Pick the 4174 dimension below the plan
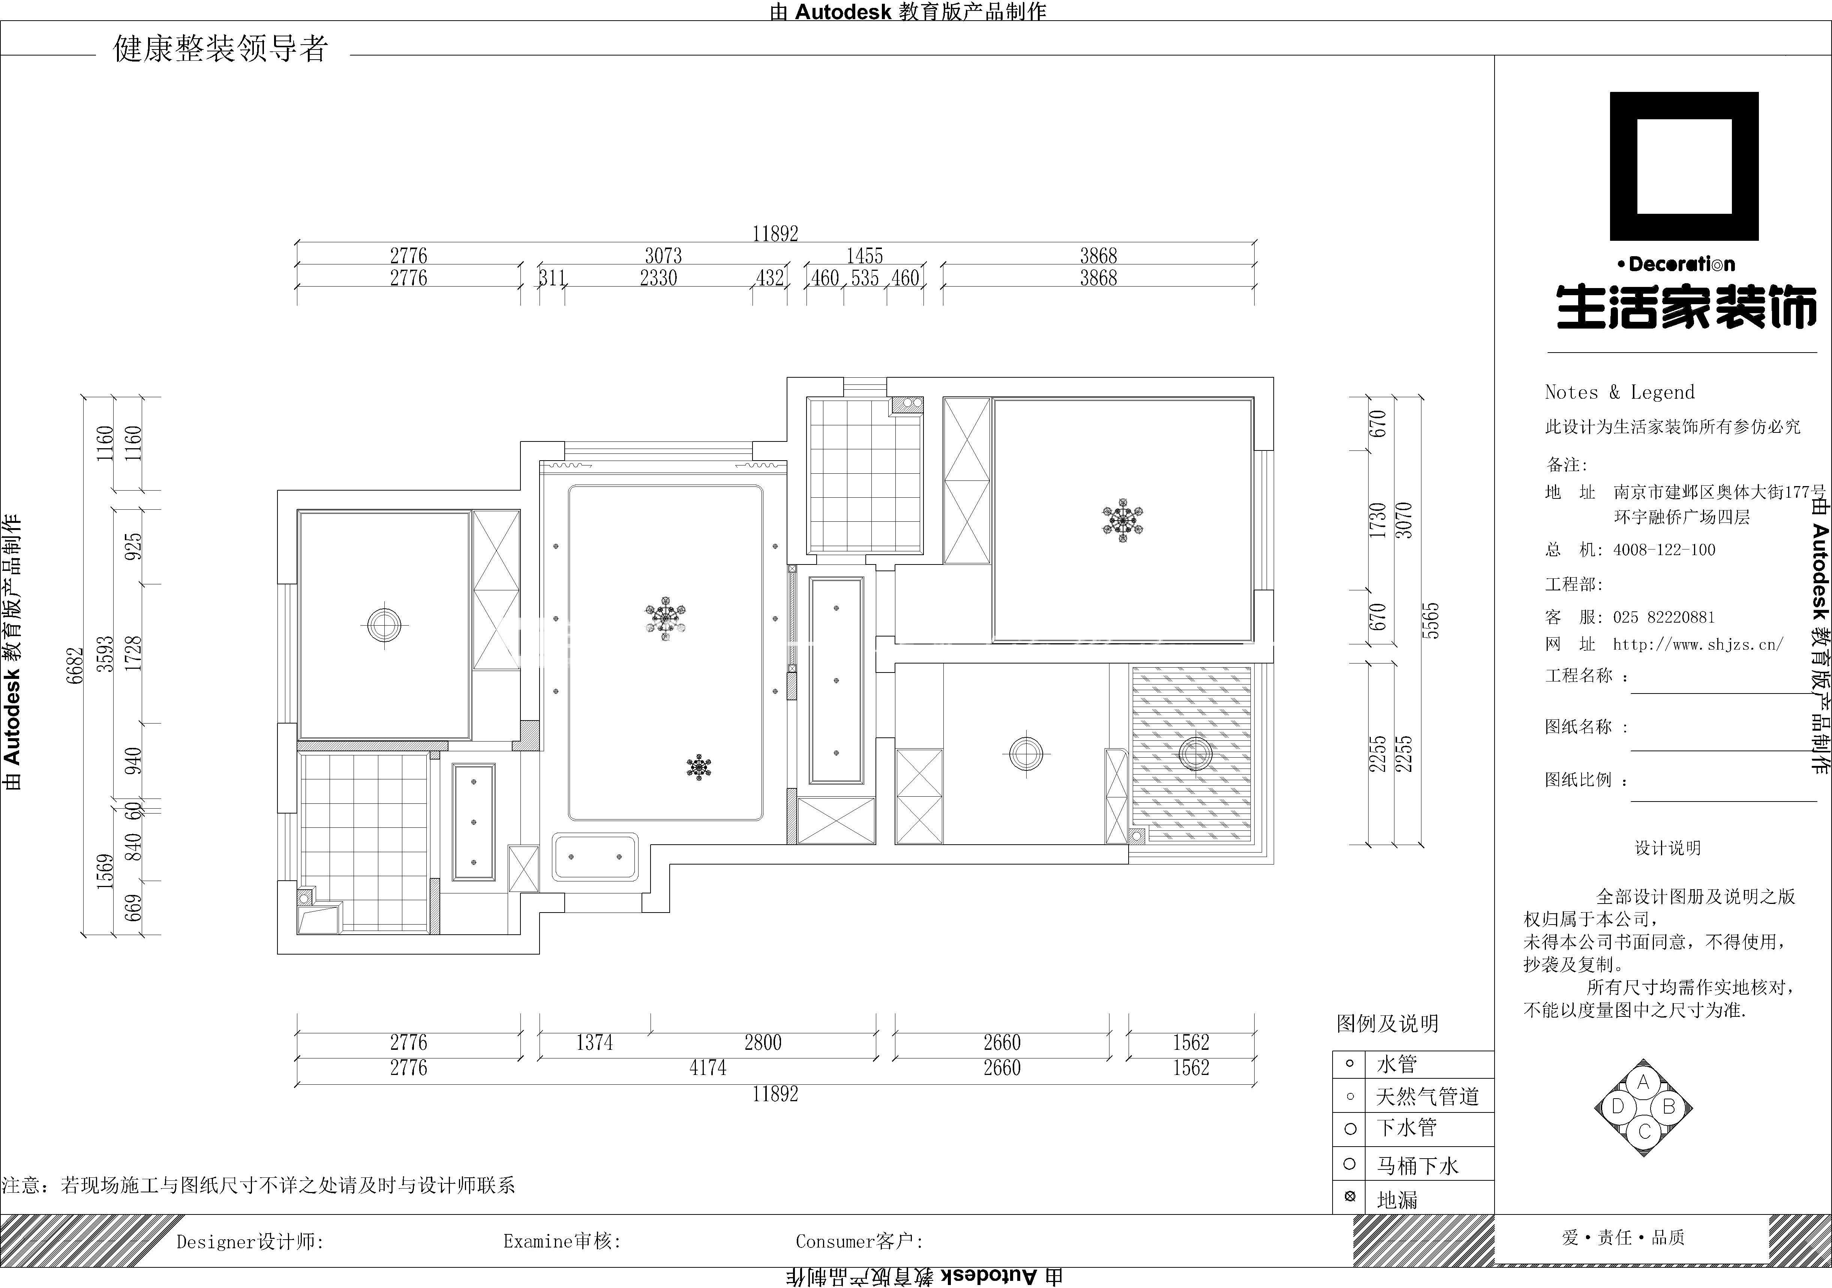(708, 1068)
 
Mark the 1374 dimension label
(594, 1042)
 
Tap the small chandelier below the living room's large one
(699, 767)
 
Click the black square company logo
(1684, 166)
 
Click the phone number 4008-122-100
(1664, 550)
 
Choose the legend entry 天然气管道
(1427, 1096)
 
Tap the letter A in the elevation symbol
(1643, 1083)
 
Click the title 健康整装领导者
(221, 49)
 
